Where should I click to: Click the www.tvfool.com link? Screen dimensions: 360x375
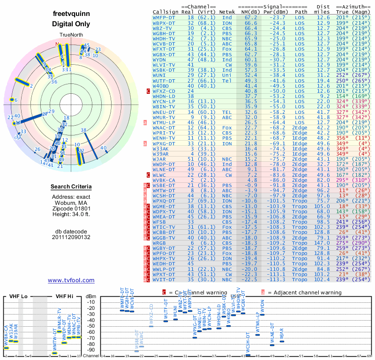coord(71,280)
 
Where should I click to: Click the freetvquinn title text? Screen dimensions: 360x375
coord(71,14)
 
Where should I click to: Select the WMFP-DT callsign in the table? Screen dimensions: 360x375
coord(164,17)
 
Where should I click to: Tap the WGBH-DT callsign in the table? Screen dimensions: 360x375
coord(164,34)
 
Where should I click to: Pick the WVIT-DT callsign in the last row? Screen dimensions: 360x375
coord(164,279)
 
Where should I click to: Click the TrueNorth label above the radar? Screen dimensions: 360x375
coord(71,36)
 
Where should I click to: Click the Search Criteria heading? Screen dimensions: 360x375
coord(71,187)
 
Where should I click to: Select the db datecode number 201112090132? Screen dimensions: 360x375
coord(71,237)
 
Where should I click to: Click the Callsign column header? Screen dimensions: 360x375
coord(165,11)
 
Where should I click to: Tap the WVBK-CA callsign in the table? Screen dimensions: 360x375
coord(164,180)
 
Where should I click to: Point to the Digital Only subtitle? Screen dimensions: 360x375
coord(71,24)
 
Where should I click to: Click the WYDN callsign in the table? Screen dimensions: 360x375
coord(159,60)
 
